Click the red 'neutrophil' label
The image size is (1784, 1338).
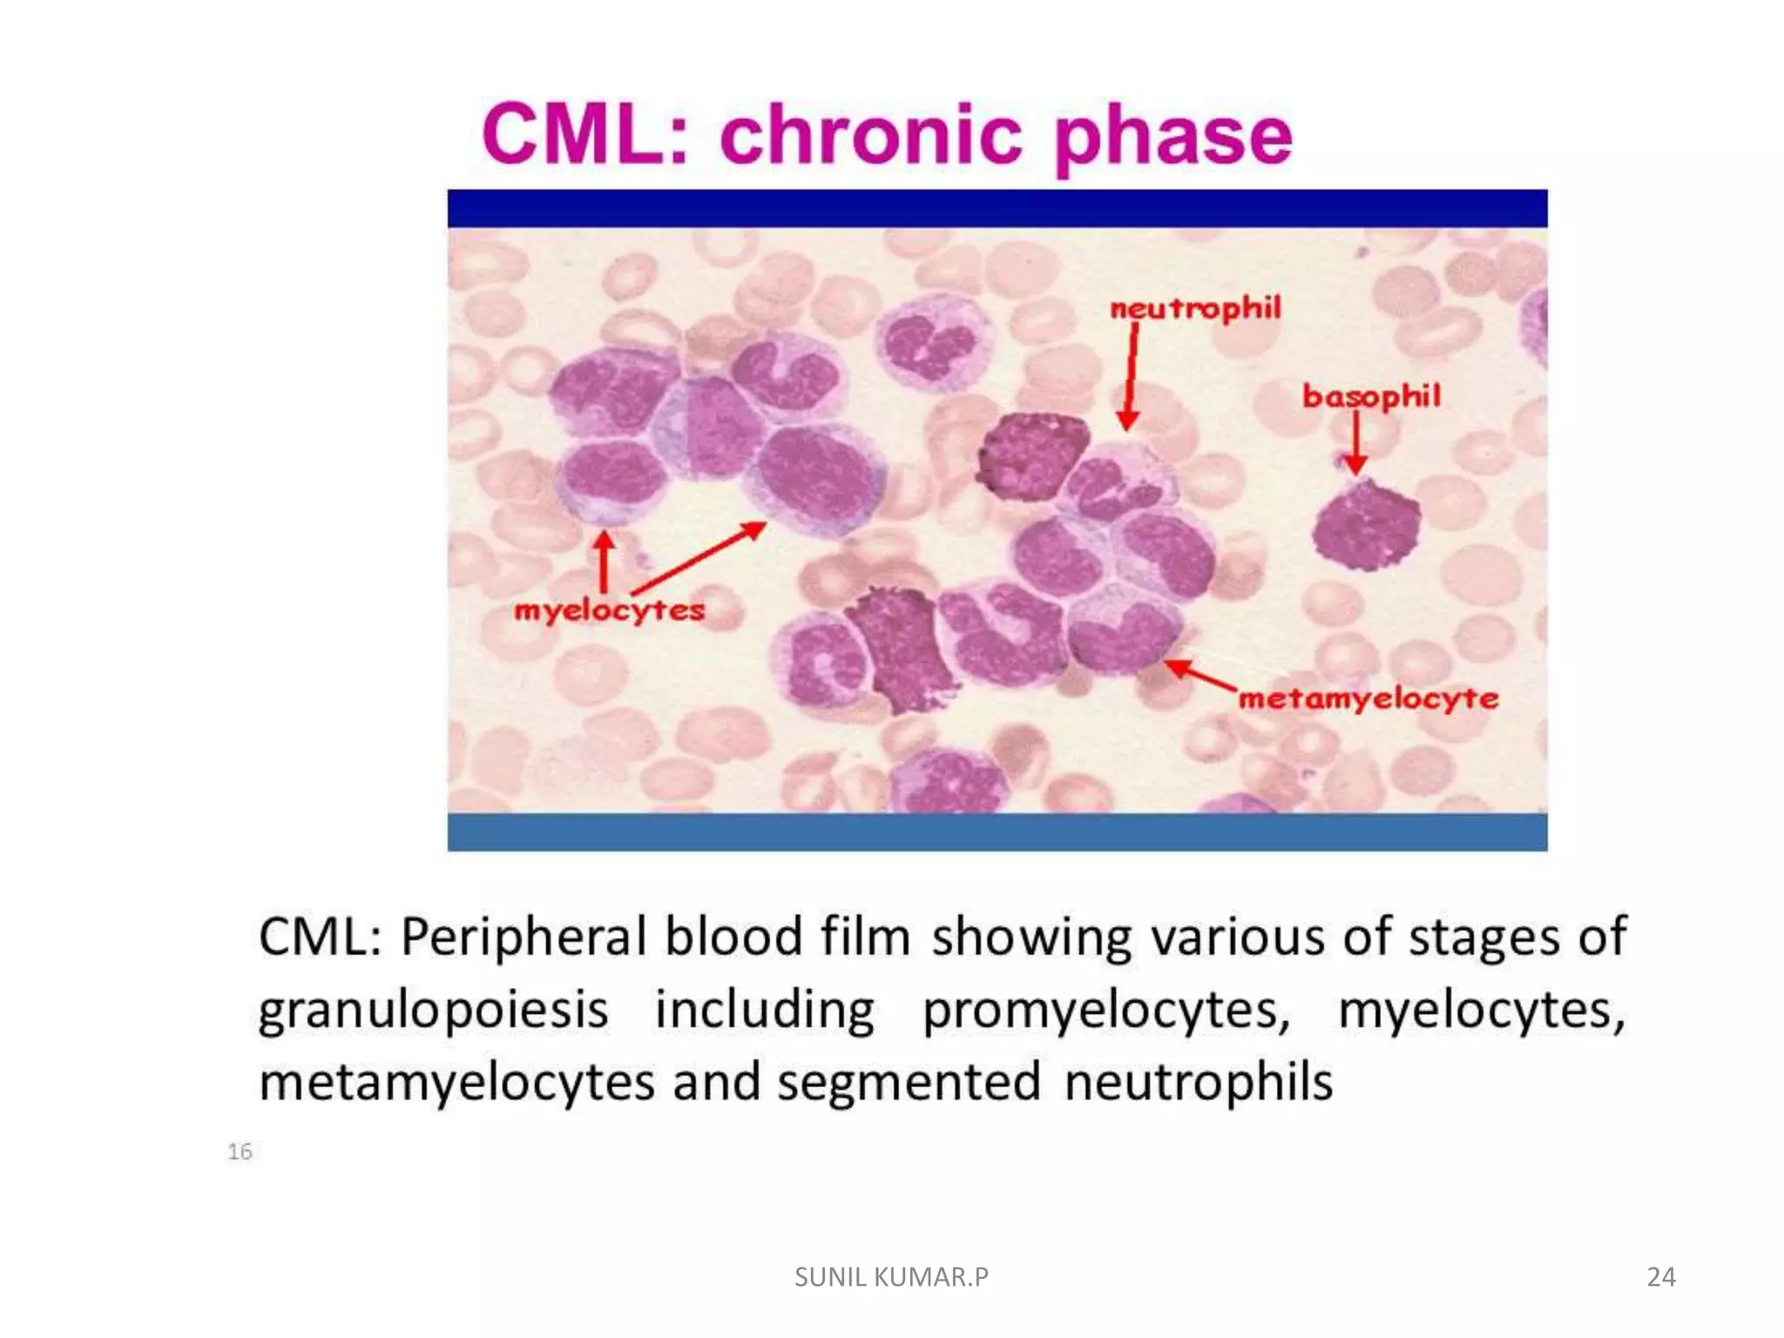tap(1195, 308)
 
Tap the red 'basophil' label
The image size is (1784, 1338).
tap(1371, 397)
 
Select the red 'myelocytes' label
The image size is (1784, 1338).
tap(609, 611)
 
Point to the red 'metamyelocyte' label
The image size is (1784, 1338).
tap(1368, 699)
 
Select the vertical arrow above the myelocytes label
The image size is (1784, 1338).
tap(604, 562)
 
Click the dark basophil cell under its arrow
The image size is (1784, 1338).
tap(1366, 524)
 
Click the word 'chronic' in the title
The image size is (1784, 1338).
tap(871, 135)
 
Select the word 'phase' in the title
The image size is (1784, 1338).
tap(1172, 138)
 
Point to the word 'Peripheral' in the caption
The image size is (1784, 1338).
tap(524, 937)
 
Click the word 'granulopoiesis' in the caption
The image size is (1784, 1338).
tap(434, 1011)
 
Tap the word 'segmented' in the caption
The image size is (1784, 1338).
tap(909, 1082)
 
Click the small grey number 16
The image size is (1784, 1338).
tap(240, 1152)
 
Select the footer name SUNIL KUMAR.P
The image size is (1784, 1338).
tap(891, 1277)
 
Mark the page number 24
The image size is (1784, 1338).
tap(1660, 1277)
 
